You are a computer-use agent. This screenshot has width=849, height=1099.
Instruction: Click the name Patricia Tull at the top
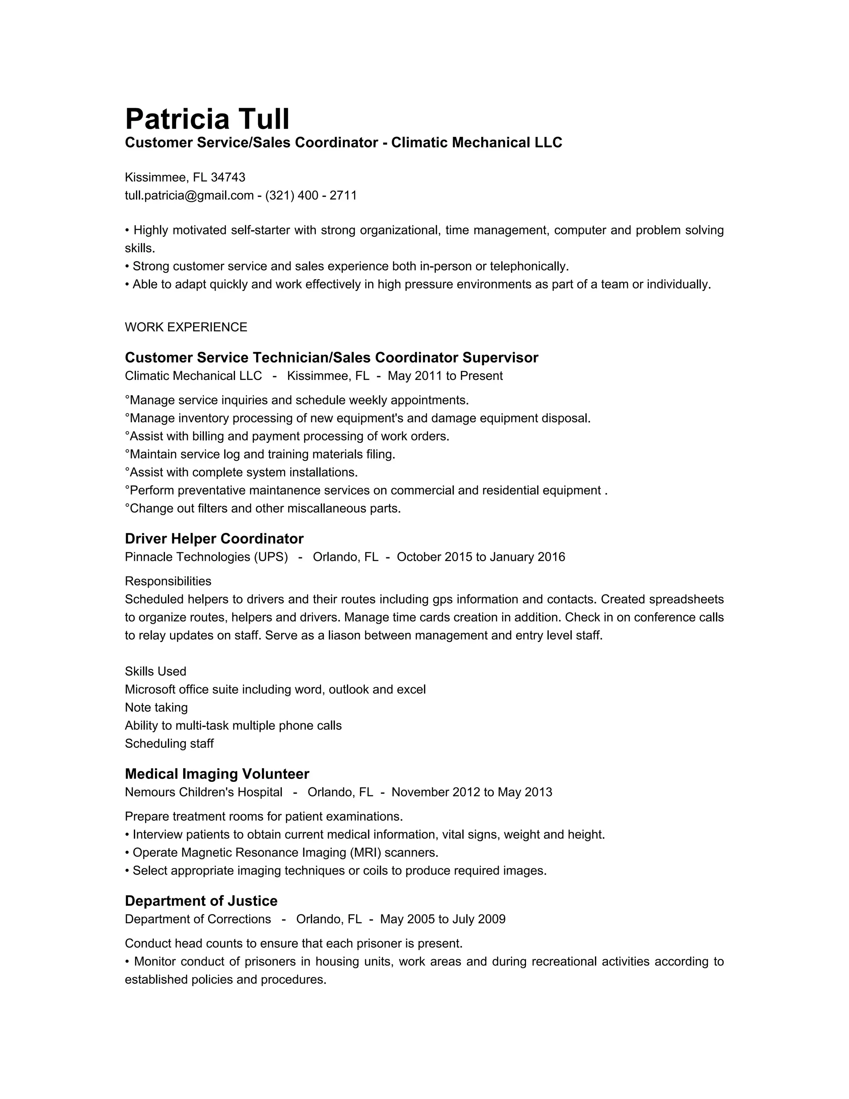tap(207, 119)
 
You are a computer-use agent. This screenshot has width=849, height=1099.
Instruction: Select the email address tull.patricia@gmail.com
tap(189, 195)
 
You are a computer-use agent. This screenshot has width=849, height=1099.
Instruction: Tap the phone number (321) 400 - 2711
tap(311, 195)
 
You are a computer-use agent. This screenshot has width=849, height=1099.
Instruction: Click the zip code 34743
tap(228, 177)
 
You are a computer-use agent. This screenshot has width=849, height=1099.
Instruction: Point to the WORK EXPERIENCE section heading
tap(186, 327)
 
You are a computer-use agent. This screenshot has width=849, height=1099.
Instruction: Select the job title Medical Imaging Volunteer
tap(217, 773)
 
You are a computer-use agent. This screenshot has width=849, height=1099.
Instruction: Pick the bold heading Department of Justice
tap(201, 900)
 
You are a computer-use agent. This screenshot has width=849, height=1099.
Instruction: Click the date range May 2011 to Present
tap(445, 376)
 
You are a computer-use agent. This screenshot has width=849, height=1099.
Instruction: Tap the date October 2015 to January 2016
tap(480, 557)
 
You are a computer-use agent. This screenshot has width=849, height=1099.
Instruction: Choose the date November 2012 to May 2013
tap(471, 792)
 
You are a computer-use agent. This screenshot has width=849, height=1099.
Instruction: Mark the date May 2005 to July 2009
tap(443, 919)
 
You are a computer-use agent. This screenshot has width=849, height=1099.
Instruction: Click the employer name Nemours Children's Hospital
tap(203, 792)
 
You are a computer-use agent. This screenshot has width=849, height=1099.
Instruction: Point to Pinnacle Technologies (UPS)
tap(206, 557)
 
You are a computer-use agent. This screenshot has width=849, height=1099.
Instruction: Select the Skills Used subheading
tap(155, 671)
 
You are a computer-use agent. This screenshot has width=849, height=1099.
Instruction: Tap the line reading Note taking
tap(156, 708)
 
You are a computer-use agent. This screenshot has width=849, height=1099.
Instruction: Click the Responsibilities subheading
tap(168, 581)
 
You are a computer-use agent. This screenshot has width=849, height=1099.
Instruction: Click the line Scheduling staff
tap(169, 744)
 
